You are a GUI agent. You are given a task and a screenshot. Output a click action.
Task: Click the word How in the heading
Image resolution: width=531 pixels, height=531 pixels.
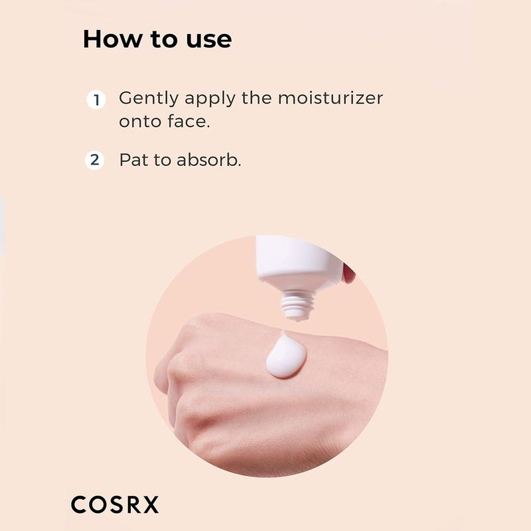[113, 39]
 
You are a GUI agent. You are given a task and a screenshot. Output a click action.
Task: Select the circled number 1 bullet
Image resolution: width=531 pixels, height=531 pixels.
[96, 100]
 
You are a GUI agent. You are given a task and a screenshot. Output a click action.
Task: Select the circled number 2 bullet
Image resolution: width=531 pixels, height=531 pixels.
[95, 160]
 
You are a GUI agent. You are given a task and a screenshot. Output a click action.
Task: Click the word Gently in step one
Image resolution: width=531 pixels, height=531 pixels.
[149, 99]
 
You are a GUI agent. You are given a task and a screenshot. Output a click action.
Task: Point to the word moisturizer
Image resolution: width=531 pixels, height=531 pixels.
[331, 98]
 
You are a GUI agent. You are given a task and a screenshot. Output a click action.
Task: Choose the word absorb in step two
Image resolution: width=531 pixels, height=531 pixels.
[208, 159]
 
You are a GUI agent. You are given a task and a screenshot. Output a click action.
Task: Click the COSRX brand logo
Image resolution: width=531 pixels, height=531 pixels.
[115, 504]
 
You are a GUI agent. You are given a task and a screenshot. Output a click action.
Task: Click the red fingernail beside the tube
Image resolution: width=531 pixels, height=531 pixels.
[349, 273]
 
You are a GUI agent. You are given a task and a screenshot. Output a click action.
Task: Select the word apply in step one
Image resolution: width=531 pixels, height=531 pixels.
[210, 99]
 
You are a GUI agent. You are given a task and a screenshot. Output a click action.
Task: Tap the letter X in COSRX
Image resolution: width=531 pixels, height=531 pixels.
[151, 504]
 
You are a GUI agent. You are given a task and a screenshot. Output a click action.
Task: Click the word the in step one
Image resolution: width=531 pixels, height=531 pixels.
[256, 98]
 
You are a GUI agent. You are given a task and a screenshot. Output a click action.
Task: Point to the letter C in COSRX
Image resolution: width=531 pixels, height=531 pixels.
[79, 504]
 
